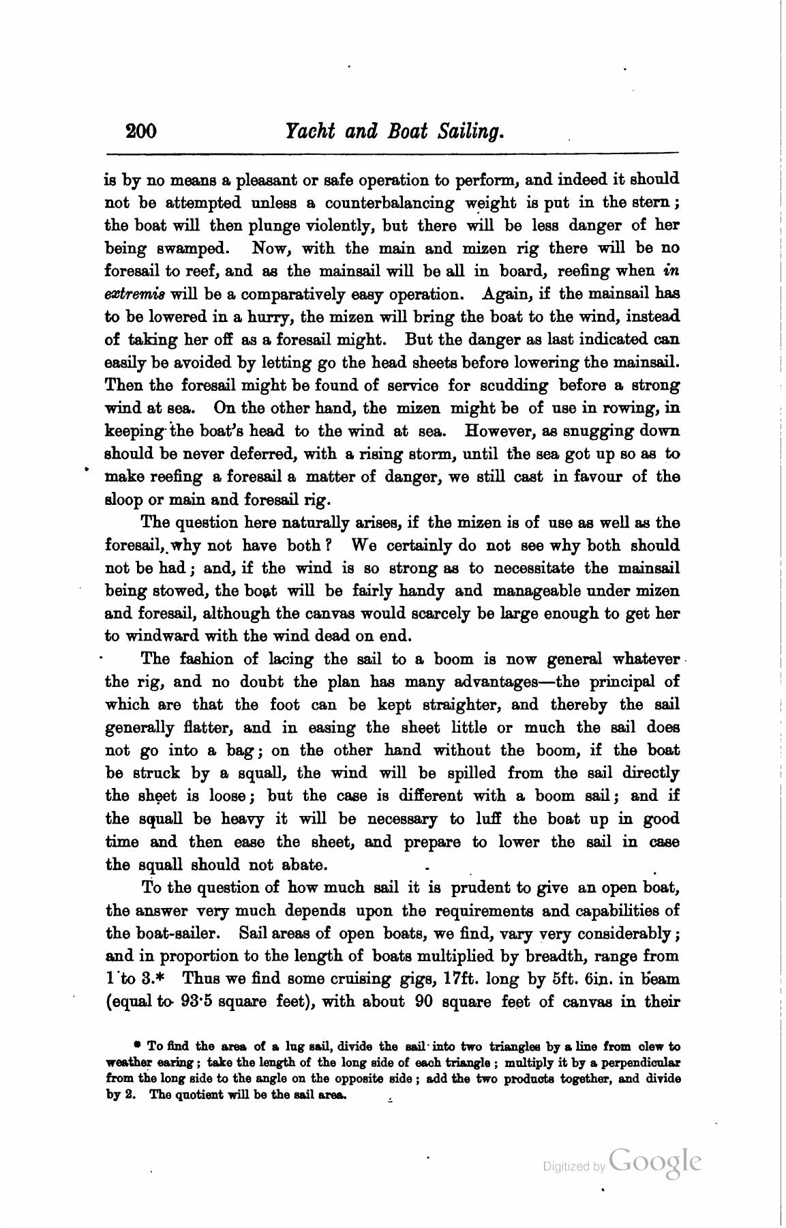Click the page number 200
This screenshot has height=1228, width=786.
(x=141, y=130)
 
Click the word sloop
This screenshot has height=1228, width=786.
(x=121, y=499)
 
